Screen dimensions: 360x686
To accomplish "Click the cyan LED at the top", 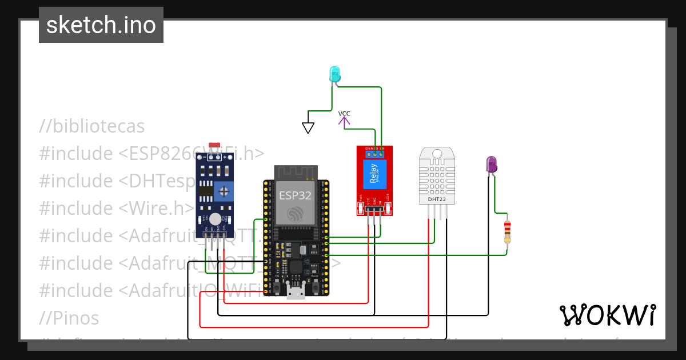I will click(x=334, y=74).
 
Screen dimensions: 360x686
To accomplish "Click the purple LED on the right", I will click(x=491, y=165).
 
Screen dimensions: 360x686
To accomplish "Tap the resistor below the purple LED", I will click(x=507, y=231).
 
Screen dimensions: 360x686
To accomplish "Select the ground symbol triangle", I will click(x=308, y=127).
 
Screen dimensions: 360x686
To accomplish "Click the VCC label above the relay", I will click(x=344, y=114).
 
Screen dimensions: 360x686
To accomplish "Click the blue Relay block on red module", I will click(x=374, y=174).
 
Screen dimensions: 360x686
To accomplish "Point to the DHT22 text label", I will click(x=438, y=199).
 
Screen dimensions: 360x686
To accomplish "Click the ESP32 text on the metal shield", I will click(x=295, y=195).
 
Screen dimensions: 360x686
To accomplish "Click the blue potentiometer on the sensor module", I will click(x=226, y=190).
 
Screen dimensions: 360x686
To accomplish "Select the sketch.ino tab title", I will click(x=101, y=25).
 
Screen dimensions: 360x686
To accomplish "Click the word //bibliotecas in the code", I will click(x=92, y=126).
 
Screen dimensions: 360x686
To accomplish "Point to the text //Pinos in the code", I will click(x=69, y=318).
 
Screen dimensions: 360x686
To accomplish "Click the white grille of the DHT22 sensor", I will click(x=438, y=174).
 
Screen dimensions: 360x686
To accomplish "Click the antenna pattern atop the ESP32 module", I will click(x=296, y=172).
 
